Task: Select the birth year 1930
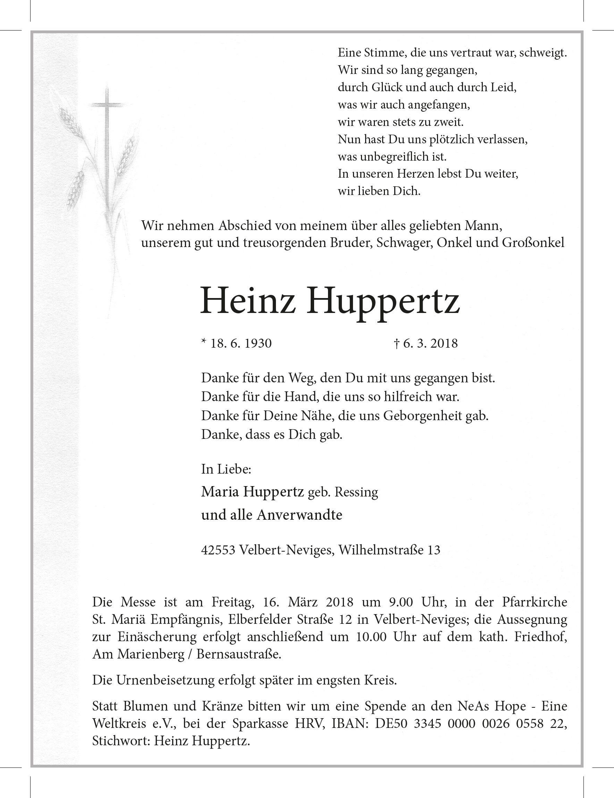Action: pos(258,344)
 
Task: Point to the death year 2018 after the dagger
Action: pos(444,344)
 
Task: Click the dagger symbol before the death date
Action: pos(396,344)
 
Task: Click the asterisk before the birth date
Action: pos(204,342)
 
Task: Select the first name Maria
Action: pos(220,492)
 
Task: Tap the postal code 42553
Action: pos(218,550)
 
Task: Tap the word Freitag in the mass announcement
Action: pos(233,602)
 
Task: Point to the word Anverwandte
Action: pos(299,515)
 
